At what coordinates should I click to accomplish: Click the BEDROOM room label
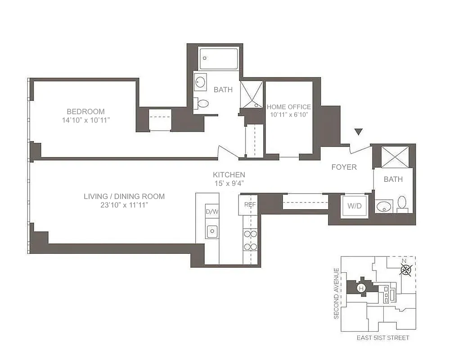85,111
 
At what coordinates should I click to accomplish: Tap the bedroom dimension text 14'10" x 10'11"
86,120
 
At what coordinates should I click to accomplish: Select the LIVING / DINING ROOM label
124,196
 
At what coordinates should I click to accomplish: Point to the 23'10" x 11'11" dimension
124,205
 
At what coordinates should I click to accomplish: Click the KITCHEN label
229,175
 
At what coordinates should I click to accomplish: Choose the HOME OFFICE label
288,107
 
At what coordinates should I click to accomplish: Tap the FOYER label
344,167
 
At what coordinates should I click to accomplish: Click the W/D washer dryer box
354,206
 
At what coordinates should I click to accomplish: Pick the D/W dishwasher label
211,211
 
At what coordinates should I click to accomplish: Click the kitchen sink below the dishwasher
211,231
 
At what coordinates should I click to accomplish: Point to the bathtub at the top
219,58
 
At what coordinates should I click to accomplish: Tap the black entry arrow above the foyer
358,132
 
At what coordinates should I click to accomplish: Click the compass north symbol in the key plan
406,269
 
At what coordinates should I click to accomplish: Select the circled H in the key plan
360,288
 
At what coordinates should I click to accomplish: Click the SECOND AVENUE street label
336,293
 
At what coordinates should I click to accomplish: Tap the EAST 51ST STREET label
382,337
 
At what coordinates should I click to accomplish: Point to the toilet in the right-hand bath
402,203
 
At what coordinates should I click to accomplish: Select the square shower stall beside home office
251,94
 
